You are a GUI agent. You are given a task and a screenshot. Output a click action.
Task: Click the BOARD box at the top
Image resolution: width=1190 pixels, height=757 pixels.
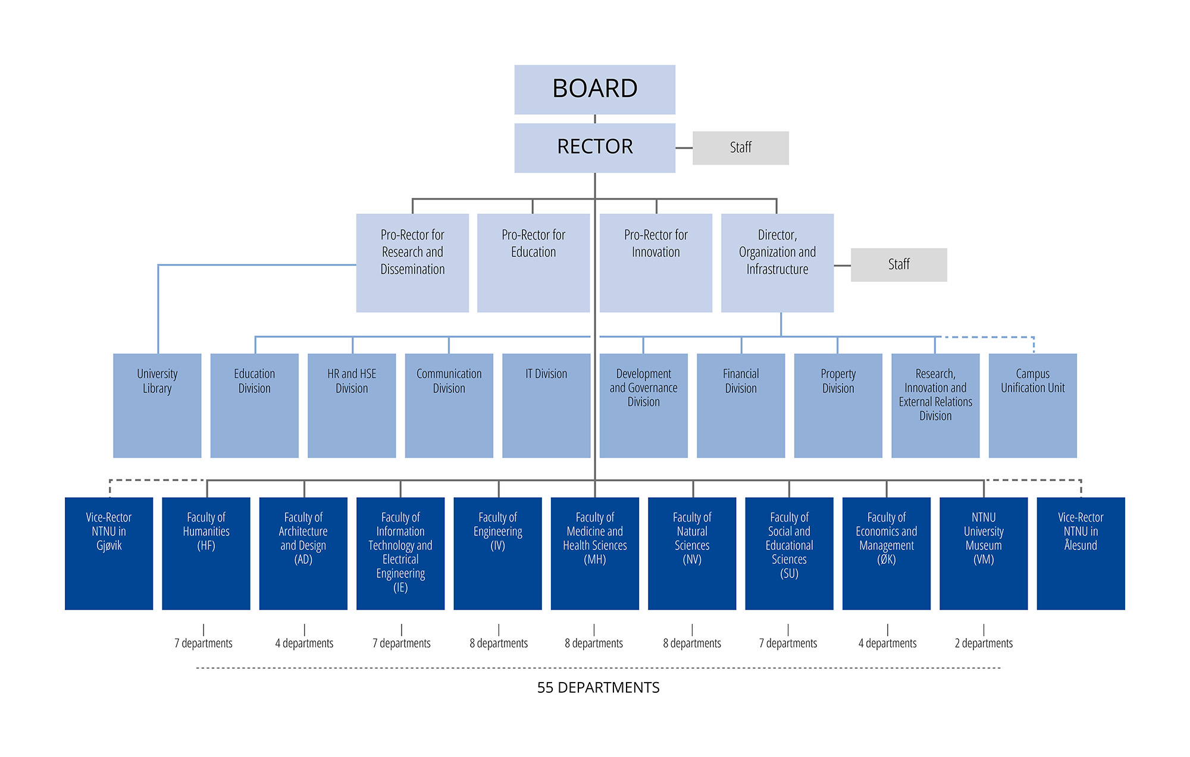pyautogui.click(x=594, y=89)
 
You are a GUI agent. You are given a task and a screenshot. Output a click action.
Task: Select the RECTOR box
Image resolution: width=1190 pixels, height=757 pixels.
pyautogui.click(x=594, y=147)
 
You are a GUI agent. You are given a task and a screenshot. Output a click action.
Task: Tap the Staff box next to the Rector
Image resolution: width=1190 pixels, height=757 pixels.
pyautogui.click(x=740, y=147)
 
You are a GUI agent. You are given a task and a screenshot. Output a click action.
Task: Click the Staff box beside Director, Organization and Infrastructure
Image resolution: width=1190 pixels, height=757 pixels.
pyautogui.click(x=898, y=265)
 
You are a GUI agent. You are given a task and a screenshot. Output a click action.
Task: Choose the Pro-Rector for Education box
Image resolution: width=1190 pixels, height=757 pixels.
pyautogui.click(x=533, y=262)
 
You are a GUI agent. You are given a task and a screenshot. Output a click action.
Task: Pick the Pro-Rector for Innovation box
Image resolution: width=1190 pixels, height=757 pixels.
pyautogui.click(x=656, y=262)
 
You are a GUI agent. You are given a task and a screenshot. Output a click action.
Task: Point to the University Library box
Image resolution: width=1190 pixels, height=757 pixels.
pyautogui.click(x=157, y=405)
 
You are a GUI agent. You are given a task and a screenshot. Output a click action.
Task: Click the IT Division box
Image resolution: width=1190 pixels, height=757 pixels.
pyautogui.click(x=546, y=405)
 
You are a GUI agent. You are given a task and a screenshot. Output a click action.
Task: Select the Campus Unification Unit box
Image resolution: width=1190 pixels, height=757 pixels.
pyautogui.click(x=1032, y=405)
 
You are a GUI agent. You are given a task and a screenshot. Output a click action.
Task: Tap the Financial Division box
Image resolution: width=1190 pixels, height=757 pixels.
pyautogui.click(x=741, y=405)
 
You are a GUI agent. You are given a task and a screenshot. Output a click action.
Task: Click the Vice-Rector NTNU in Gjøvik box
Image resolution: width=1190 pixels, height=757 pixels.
pyautogui.click(x=109, y=553)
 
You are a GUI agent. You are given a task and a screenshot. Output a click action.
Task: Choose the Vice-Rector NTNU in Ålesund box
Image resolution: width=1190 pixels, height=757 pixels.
pyautogui.click(x=1081, y=553)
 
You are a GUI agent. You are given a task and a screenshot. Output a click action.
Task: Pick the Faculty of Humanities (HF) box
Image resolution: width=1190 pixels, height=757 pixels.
pyautogui.click(x=206, y=553)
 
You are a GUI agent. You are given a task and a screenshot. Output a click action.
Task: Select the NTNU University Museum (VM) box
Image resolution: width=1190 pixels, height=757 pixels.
pyautogui.click(x=984, y=553)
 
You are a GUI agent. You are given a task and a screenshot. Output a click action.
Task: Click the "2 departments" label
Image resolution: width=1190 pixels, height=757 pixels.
pyautogui.click(x=984, y=643)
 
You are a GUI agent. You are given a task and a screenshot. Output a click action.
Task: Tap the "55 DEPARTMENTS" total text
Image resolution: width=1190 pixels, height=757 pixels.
pyautogui.click(x=598, y=687)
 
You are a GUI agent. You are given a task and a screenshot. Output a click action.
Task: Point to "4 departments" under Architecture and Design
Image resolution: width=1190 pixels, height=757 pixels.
pyautogui.click(x=304, y=643)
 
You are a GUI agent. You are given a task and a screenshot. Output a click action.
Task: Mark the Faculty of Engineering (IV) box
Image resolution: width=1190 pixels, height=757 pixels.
pyautogui.click(x=497, y=553)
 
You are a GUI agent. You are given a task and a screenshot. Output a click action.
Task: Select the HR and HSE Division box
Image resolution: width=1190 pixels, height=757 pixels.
pyautogui.click(x=352, y=405)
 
